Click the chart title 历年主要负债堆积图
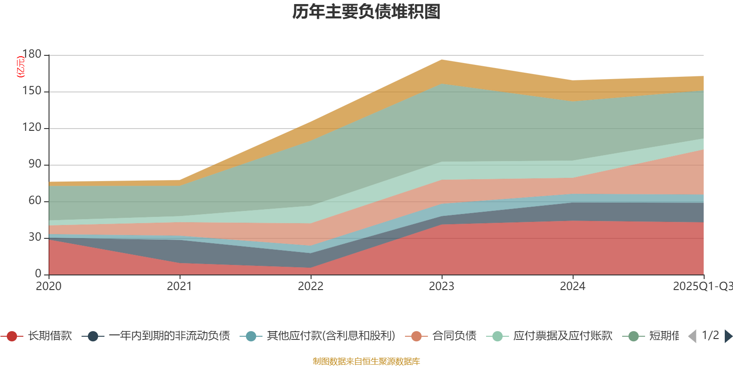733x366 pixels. point(366,12)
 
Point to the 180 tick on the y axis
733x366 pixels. point(32,54)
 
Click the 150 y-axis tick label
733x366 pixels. point(32,91)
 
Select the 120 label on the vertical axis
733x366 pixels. point(32,128)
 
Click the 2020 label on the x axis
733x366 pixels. point(49,286)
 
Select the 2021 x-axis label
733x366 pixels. point(180,286)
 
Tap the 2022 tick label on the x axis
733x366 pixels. point(311,286)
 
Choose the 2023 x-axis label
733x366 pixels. point(442,286)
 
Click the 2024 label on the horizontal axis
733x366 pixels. point(573,286)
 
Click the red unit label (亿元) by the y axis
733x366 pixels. point(21,67)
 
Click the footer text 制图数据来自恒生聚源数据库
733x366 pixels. point(366,361)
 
